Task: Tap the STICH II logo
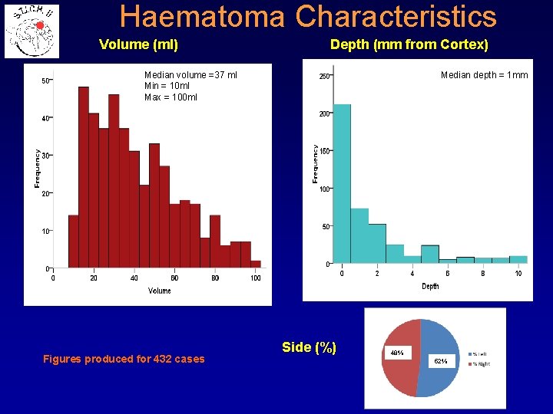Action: [x=31, y=31]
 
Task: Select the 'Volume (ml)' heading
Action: [x=139, y=45]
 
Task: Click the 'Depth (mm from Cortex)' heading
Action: [x=409, y=45]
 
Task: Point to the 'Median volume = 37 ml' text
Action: [x=190, y=75]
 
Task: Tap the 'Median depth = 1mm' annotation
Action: [x=484, y=75]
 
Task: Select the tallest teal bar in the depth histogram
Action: [x=342, y=184]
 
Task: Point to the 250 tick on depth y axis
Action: [x=324, y=77]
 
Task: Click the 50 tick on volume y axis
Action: [x=45, y=80]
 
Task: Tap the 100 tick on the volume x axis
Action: [x=256, y=278]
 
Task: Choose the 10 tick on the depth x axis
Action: [x=518, y=274]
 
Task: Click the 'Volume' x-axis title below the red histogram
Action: [x=160, y=291]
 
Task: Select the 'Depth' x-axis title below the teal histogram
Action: [x=430, y=286]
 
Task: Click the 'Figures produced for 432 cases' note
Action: [x=124, y=359]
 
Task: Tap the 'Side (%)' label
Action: [x=309, y=347]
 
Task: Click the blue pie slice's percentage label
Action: [x=440, y=360]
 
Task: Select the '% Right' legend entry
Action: [x=477, y=363]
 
